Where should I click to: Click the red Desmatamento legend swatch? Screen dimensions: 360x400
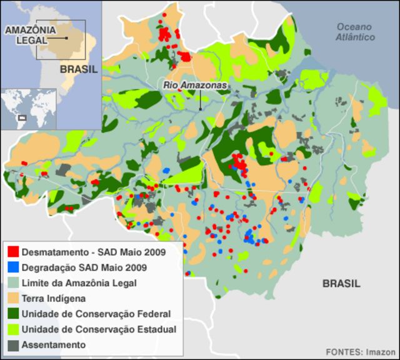point(12,253)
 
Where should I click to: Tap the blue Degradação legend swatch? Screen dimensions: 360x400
point(12,268)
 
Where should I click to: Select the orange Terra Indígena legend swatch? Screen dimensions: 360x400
point(12,299)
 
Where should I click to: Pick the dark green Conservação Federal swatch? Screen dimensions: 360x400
point(12,314)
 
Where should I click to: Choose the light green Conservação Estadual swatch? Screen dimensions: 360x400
point(12,329)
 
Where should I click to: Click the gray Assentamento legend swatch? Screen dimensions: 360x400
point(12,344)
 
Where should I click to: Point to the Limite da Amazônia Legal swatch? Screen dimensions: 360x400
point(12,283)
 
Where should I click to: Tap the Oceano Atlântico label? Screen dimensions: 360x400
point(354,32)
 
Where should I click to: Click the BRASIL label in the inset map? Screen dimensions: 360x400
point(79,69)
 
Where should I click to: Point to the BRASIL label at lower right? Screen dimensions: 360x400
point(341,284)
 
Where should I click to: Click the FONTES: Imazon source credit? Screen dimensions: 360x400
point(361,351)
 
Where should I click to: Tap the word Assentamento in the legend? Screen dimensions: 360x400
point(54,344)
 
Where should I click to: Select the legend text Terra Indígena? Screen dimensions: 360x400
point(54,299)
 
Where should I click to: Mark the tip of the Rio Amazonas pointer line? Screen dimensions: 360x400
point(201,110)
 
